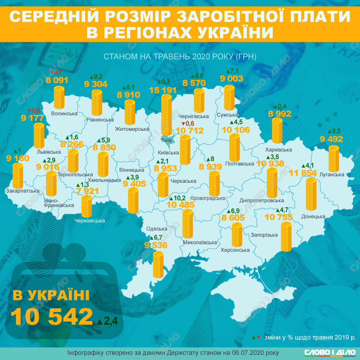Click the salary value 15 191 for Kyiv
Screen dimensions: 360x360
163,90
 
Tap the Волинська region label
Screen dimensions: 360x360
64,114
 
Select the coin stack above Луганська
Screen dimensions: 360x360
334,159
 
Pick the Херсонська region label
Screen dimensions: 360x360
235,250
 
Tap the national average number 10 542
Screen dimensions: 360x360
52,317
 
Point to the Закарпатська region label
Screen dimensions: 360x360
22,192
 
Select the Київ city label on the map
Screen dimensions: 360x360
166,140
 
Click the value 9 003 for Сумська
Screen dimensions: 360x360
231,79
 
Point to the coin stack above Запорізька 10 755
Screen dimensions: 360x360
286,237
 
